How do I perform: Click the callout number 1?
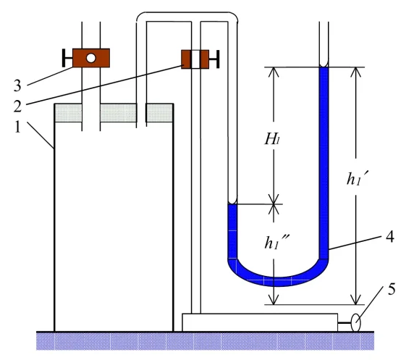point(17,127)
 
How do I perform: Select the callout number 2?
point(17,106)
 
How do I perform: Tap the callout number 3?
point(17,85)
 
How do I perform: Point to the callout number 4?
point(390,237)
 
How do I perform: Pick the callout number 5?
point(392,289)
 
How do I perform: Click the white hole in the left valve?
point(90,58)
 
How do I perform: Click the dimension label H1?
point(272,139)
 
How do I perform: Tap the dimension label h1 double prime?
point(276,242)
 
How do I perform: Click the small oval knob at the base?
point(356,322)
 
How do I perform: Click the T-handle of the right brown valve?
point(214,59)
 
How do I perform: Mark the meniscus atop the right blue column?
point(324,65)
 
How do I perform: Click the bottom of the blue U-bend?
point(278,282)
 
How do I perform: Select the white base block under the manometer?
point(260,322)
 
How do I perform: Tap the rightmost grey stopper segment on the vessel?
point(160,113)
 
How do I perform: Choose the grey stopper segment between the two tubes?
point(119,113)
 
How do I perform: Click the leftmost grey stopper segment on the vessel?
point(68,113)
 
